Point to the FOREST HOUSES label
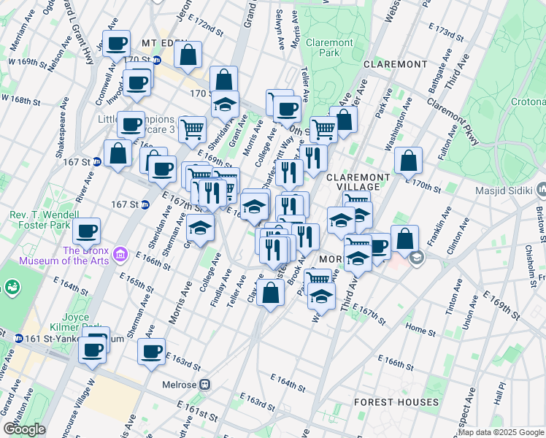tap(396, 402)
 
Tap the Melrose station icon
tap(207, 385)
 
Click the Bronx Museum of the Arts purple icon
tap(121, 255)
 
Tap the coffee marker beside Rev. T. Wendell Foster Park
tap(86, 231)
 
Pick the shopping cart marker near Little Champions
tap(192, 129)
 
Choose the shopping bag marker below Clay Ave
tap(270, 293)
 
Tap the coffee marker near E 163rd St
tap(152, 351)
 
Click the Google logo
tap(25, 429)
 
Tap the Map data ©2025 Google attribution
tap(501, 432)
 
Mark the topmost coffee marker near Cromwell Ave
tap(116, 44)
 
